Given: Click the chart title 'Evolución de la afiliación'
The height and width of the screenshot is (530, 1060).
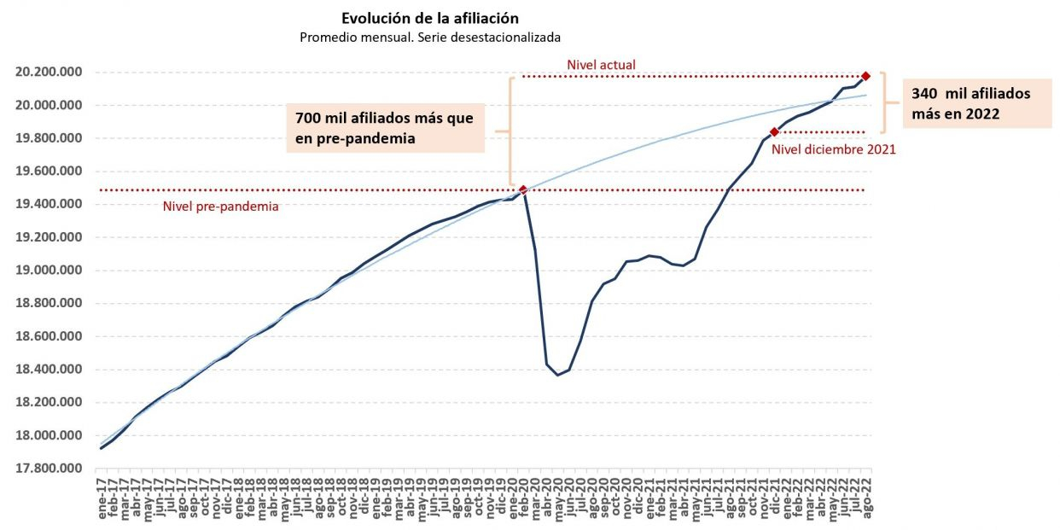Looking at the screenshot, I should pos(430,18).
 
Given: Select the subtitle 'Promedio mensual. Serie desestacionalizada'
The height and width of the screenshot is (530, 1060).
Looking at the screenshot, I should pos(430,38).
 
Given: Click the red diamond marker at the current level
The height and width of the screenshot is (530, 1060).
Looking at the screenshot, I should pos(865,77).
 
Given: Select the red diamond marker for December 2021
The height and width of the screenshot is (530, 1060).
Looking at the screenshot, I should pos(774,132).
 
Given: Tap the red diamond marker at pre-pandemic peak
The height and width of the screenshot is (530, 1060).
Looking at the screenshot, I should pos(523,190).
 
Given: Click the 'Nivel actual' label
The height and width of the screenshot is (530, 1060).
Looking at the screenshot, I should pos(601,65).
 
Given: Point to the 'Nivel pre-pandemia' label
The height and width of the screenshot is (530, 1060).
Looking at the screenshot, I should pos(220,206).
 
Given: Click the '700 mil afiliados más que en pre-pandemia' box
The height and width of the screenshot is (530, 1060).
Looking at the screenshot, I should pos(384,128).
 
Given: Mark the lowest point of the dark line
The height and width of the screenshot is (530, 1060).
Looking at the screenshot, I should pos(558,375).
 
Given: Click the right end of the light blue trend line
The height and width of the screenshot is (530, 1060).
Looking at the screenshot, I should pos(867,95).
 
